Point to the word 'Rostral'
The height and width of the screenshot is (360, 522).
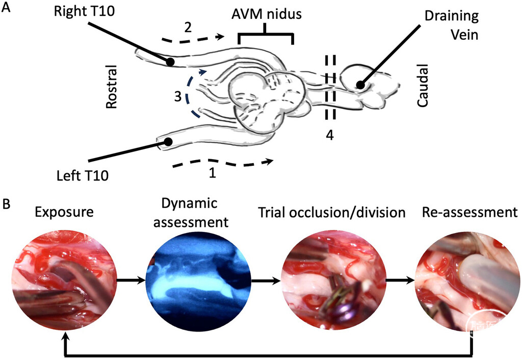[x=112, y=86]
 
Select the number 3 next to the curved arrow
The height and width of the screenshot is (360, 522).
[x=177, y=96]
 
